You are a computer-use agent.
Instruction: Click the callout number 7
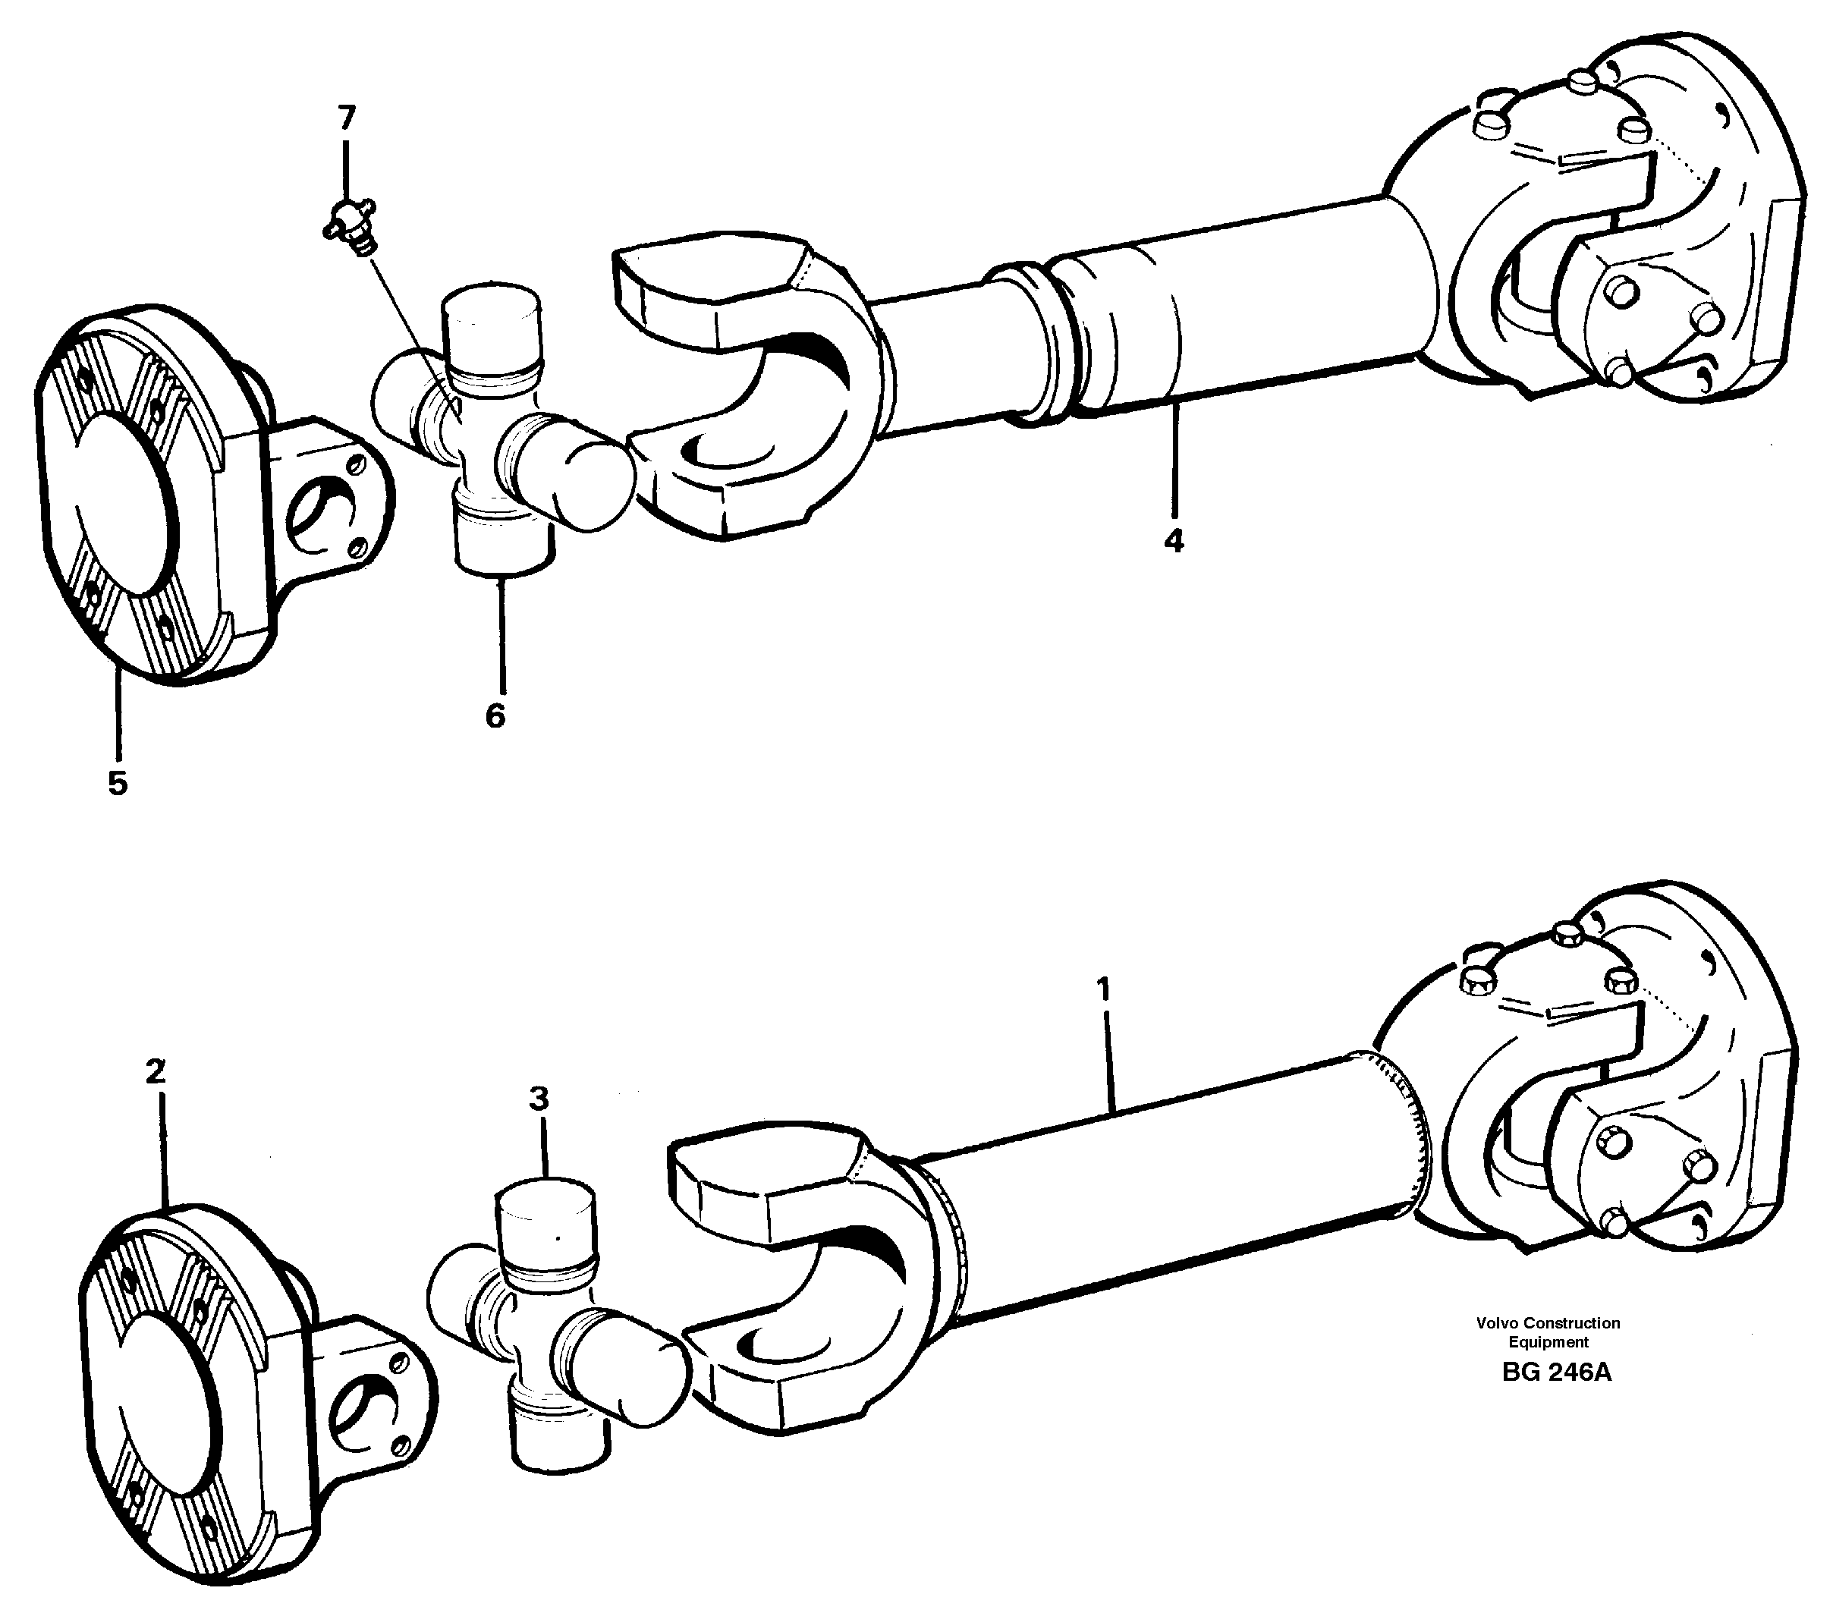click(346, 117)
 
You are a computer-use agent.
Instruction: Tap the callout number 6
click(495, 715)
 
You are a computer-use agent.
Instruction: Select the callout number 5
click(118, 783)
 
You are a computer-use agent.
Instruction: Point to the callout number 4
click(1173, 541)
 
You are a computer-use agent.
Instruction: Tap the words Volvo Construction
click(1548, 1322)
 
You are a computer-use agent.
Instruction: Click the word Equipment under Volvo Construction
click(1548, 1342)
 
